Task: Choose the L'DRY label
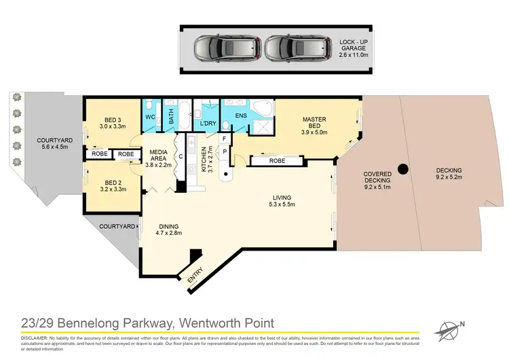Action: (x=208, y=124)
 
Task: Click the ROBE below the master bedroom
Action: (x=276, y=162)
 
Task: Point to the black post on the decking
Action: (x=403, y=168)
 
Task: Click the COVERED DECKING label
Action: (x=377, y=177)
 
